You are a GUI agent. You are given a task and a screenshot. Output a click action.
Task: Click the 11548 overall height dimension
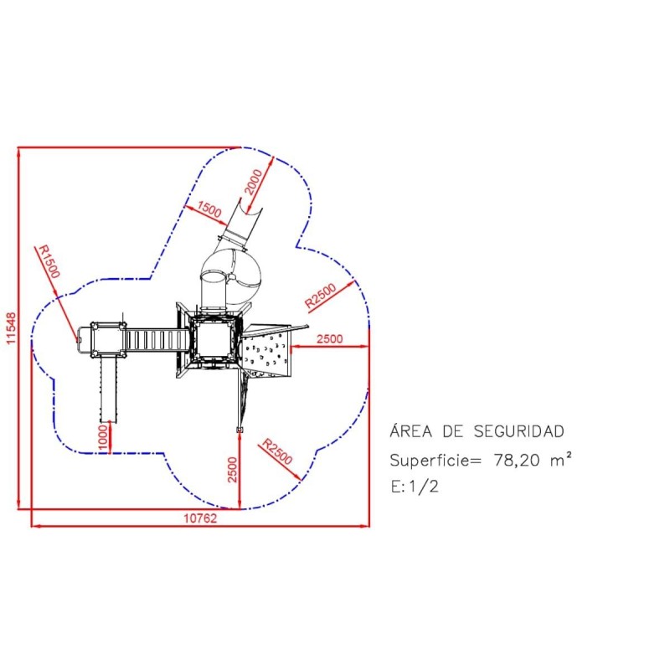11,328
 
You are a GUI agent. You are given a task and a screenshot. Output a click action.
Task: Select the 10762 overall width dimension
200,518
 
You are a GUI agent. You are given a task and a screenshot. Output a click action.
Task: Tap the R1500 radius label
49,261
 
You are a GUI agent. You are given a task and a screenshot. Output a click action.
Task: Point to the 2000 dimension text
253,182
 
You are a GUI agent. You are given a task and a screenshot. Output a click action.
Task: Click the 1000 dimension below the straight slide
103,437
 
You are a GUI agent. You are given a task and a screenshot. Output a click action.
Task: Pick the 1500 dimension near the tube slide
209,209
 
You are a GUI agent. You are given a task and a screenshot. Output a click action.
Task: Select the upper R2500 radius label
321,296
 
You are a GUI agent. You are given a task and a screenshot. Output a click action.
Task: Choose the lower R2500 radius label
277,451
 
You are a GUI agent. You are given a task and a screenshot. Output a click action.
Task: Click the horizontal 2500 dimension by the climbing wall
330,339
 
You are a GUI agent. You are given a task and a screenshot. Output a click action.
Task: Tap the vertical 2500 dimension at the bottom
232,470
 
